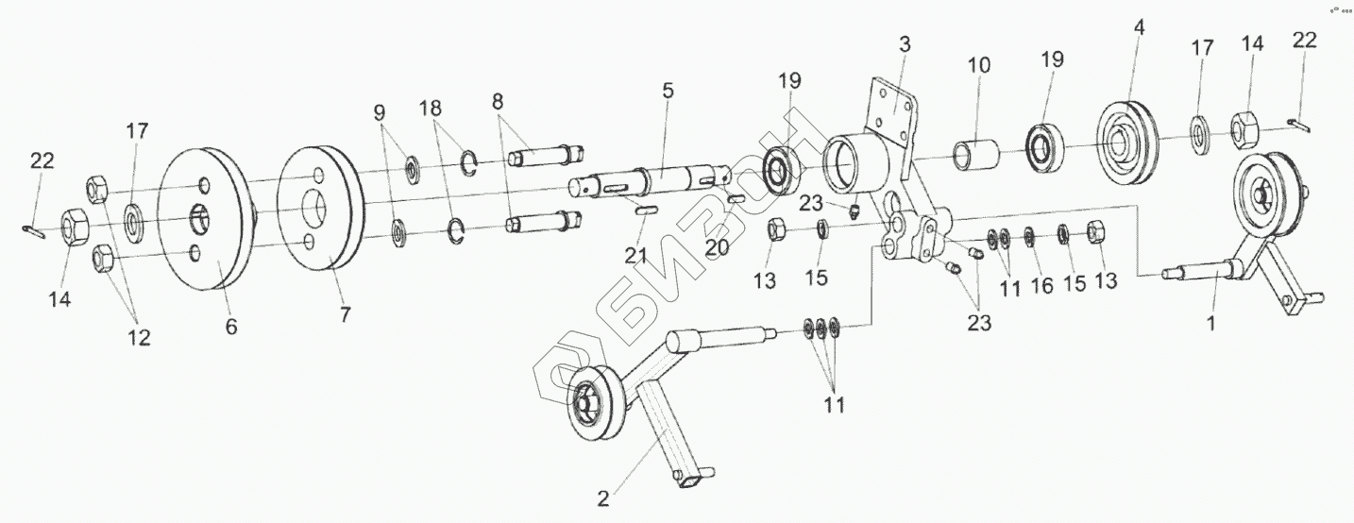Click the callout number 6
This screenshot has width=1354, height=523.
coord(231,327)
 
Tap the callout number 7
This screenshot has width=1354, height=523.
coord(345,315)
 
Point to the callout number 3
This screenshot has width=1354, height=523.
coord(904,43)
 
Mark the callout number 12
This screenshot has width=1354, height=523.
coord(138,338)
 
